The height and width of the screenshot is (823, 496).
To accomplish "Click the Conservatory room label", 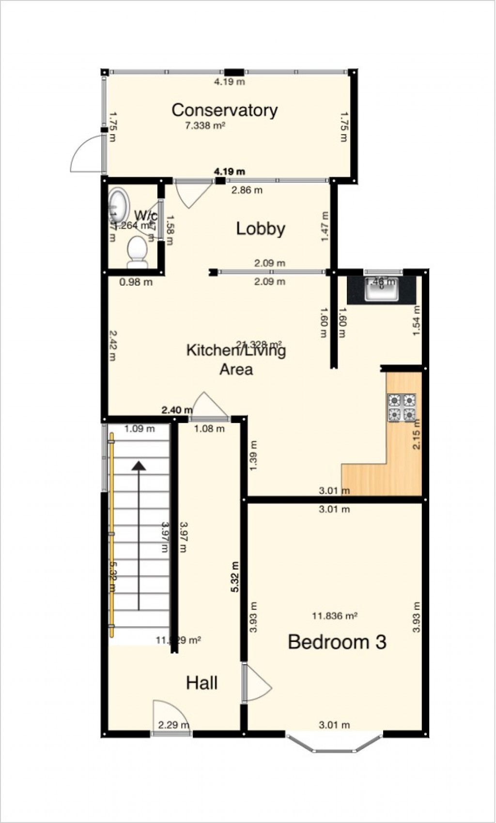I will pos(224,110).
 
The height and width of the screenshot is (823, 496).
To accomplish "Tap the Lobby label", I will pos(261,229).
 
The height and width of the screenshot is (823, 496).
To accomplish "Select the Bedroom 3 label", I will pos(337,642).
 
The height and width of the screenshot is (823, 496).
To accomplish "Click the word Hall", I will pos(202,683).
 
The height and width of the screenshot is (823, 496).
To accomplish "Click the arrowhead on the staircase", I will pos(139,466).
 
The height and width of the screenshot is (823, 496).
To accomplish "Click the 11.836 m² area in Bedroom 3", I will pos(335,616).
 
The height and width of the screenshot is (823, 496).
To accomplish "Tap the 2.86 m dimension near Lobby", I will pos(247,190).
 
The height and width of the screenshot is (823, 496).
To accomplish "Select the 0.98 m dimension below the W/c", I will pos(137,282).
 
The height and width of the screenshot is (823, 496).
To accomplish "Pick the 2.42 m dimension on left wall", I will pos(112,346).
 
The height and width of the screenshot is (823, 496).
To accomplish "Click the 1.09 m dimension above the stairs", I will pos(139,428).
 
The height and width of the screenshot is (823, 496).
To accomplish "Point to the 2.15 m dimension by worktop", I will pos(417,434).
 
